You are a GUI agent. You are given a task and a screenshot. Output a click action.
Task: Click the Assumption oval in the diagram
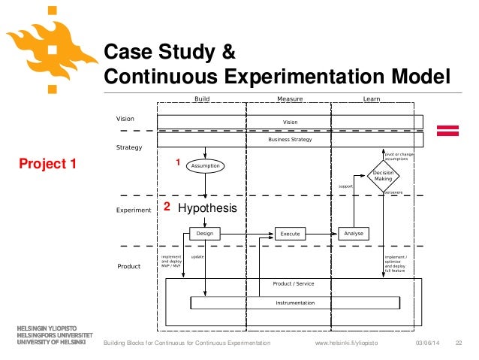click(x=205, y=165)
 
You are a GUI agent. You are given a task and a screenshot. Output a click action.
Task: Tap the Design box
click(x=205, y=234)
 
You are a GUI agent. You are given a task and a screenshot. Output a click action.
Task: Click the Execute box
click(x=290, y=234)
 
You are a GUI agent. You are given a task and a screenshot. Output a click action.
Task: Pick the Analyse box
click(x=354, y=234)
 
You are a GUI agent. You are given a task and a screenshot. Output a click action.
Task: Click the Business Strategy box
click(x=290, y=140)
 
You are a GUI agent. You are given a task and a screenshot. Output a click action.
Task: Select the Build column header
click(x=202, y=98)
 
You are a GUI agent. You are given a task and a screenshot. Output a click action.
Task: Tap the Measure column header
click(x=290, y=98)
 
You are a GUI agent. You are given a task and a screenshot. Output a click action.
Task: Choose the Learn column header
click(x=370, y=98)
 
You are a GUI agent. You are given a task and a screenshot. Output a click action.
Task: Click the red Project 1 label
click(x=48, y=164)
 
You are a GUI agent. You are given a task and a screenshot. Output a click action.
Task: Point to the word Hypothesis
click(x=207, y=208)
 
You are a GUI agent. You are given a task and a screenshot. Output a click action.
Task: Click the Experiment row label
click(x=134, y=210)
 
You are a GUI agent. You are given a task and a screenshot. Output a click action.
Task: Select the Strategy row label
click(x=128, y=147)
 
